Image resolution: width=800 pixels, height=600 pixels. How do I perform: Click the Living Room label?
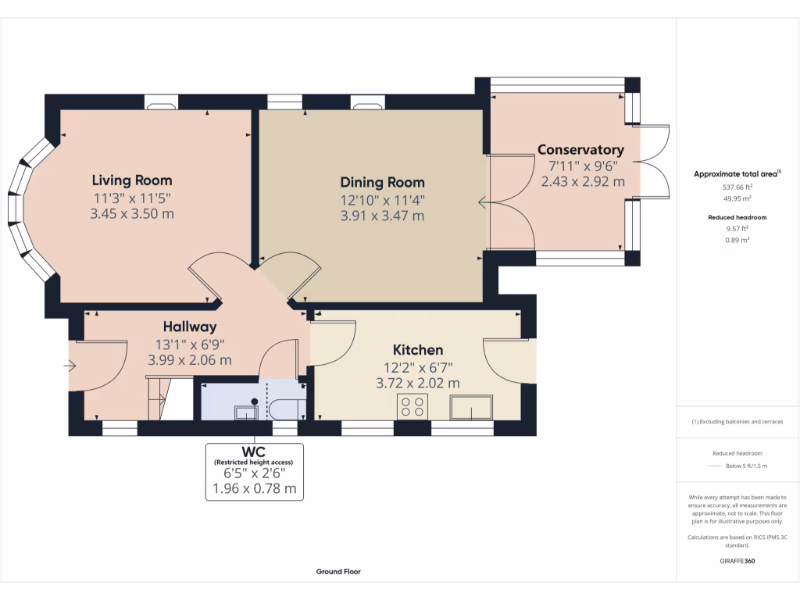(131, 180)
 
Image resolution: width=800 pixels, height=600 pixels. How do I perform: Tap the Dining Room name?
(382, 182)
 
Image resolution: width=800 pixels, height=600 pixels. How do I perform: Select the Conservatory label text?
(580, 150)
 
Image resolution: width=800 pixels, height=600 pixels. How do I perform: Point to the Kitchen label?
(418, 350)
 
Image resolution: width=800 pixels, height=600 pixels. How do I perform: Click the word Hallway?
(190, 327)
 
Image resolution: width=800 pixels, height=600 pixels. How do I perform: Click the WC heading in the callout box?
(254, 452)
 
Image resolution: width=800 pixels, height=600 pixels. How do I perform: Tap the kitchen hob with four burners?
(412, 407)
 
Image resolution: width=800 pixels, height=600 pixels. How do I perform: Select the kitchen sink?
(471, 407)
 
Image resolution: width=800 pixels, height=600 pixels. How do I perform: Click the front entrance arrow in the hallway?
(70, 366)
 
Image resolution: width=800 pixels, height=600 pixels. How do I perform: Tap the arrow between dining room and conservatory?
(484, 202)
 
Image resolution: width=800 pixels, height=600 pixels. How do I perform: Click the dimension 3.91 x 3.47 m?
(382, 216)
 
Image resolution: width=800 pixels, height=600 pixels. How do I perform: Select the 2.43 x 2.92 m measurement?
(583, 181)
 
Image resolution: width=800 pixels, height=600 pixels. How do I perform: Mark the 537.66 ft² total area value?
(737, 187)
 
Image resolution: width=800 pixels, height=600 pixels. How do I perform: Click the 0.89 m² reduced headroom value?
(737, 240)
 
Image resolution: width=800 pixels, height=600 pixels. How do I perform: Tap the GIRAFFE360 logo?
(737, 561)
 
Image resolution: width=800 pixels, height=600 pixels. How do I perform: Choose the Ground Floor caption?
(338, 571)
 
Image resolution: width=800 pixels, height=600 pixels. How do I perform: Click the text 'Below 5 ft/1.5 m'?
(746, 466)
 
